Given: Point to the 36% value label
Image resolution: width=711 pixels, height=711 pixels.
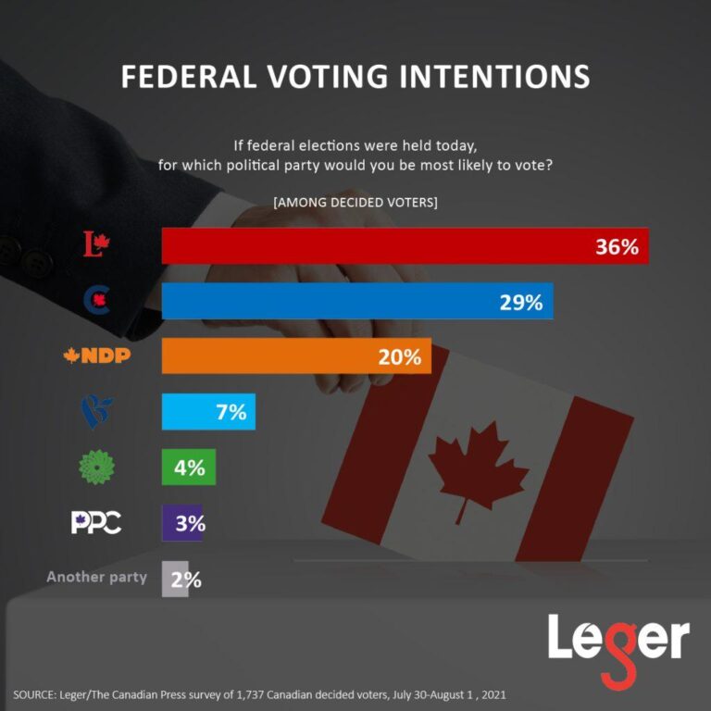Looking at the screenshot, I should click(617, 246).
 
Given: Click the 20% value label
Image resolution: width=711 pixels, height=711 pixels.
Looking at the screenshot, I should click(399, 356).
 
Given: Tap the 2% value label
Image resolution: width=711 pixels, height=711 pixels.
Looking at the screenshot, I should click(185, 579).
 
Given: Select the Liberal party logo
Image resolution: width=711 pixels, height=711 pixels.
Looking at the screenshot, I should click(96, 245).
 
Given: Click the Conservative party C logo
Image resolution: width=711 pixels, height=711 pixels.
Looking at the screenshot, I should click(97, 300).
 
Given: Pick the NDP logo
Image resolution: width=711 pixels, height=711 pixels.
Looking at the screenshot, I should click(96, 355).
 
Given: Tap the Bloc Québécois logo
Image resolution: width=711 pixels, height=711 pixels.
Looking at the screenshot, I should click(96, 411).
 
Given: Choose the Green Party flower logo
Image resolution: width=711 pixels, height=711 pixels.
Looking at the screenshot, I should click(96, 467).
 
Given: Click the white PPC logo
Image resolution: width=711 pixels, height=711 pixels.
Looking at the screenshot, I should click(96, 522).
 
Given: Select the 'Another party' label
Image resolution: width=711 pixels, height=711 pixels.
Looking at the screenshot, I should click(96, 577).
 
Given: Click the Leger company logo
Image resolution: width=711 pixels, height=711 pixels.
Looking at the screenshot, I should click(618, 644).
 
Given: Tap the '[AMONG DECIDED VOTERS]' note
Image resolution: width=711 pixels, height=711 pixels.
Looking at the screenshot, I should click(355, 201).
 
